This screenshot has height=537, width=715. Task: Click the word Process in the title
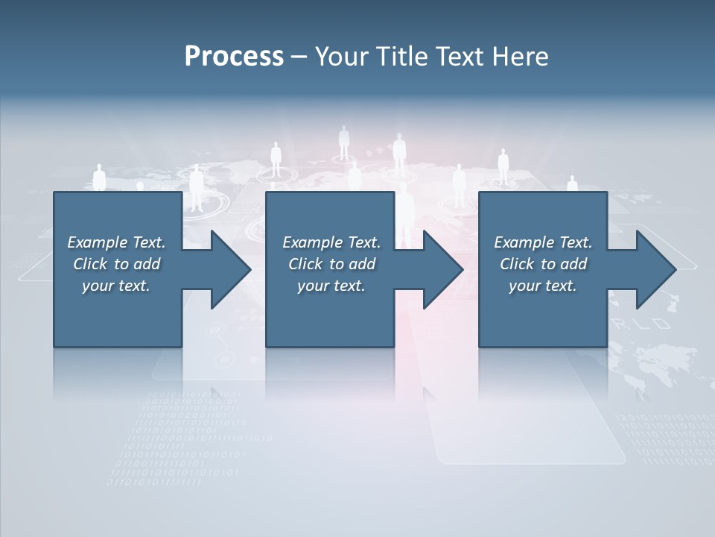[234, 56]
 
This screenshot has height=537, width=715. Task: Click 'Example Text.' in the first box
[116, 242]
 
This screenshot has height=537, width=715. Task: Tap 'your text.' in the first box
[116, 286]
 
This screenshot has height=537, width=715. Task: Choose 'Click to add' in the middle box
[331, 264]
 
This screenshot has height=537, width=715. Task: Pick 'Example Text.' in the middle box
[331, 242]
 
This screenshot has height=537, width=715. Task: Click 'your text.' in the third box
[543, 286]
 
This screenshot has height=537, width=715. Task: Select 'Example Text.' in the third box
[543, 242]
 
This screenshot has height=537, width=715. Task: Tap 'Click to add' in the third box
[543, 264]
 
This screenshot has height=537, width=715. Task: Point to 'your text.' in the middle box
[331, 286]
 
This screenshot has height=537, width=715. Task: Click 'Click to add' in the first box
[116, 264]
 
